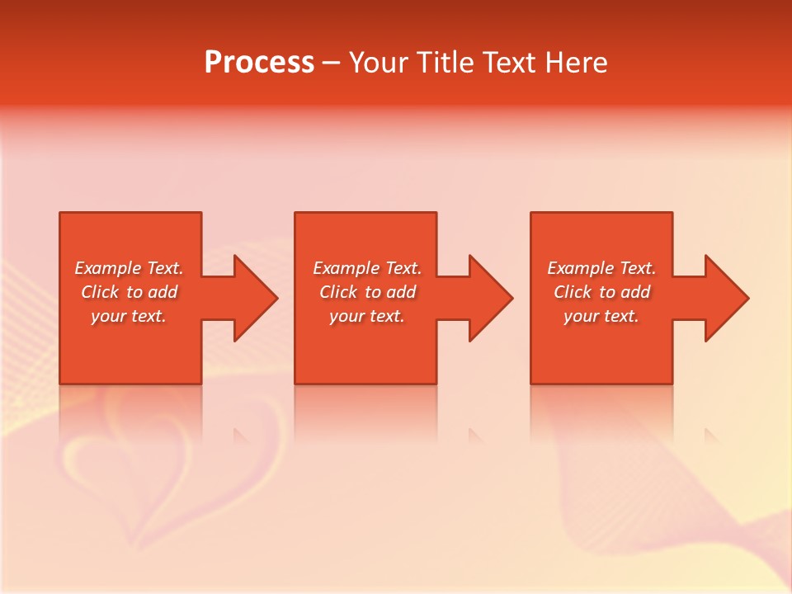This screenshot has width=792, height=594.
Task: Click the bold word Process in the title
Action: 259,63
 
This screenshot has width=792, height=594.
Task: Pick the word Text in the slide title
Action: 511,63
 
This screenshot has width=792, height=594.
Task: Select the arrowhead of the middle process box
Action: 490,298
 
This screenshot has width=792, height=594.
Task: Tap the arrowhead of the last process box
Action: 726,298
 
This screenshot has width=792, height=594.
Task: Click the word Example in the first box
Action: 108,268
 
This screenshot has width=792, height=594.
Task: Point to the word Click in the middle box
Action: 337,292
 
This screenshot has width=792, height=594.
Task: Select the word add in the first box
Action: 163,292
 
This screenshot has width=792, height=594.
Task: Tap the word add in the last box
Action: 635,292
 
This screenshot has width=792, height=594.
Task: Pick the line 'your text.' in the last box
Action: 601,316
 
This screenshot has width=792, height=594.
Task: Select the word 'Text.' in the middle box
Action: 403,268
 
